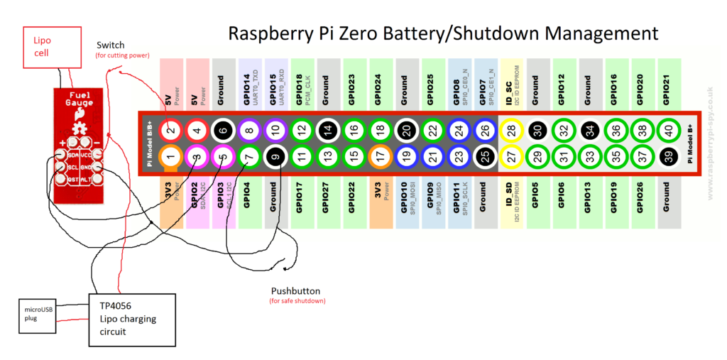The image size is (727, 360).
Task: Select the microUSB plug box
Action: [37, 315]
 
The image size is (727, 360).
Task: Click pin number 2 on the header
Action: [170, 129]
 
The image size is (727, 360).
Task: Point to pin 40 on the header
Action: [667, 129]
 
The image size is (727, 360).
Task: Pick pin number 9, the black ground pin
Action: [275, 156]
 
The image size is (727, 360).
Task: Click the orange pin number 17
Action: [380, 156]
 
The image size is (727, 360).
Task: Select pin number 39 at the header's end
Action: [667, 156]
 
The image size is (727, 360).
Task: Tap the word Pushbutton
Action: [295, 291]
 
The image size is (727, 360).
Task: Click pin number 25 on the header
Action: [483, 156]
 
